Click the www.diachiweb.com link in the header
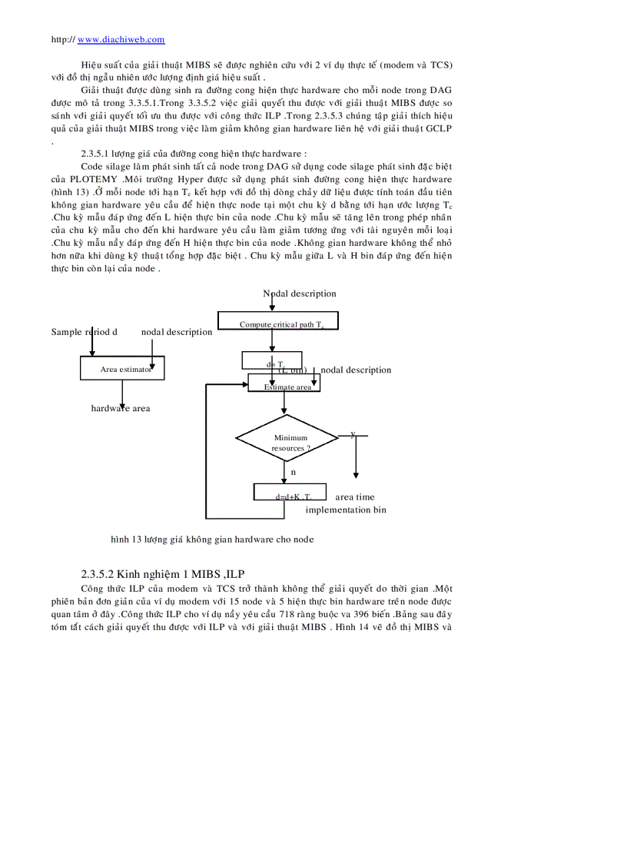(121, 39)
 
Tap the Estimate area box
(284, 383)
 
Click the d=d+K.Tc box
(290, 492)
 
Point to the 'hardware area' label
(121, 408)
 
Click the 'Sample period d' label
(84, 332)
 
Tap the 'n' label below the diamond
(293, 471)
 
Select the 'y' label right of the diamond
(353, 434)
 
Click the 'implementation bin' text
(346, 510)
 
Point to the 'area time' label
(355, 497)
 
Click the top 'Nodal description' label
(300, 294)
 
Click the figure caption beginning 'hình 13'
(212, 539)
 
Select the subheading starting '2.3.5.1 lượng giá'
(194, 154)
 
